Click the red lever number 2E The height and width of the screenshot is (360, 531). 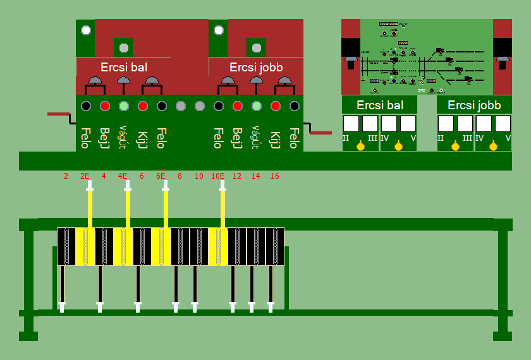click(85, 176)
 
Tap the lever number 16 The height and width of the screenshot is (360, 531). click(274, 176)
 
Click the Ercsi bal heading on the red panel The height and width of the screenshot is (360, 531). click(124, 67)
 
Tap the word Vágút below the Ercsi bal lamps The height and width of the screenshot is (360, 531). click(124, 137)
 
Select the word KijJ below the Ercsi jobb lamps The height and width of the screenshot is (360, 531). click(276, 138)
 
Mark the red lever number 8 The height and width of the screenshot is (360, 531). click(180, 176)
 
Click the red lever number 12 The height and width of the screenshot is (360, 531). click(236, 176)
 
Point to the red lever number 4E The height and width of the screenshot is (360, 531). click(123, 176)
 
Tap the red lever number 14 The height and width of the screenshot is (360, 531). click(255, 176)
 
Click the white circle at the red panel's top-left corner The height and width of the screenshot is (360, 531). click(86, 30)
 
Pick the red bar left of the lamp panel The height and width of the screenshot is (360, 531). click(59, 114)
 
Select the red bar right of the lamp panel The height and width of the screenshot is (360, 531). click(320, 133)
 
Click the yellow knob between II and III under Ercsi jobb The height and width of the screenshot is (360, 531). click(455, 147)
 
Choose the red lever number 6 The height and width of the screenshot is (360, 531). click(142, 176)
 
